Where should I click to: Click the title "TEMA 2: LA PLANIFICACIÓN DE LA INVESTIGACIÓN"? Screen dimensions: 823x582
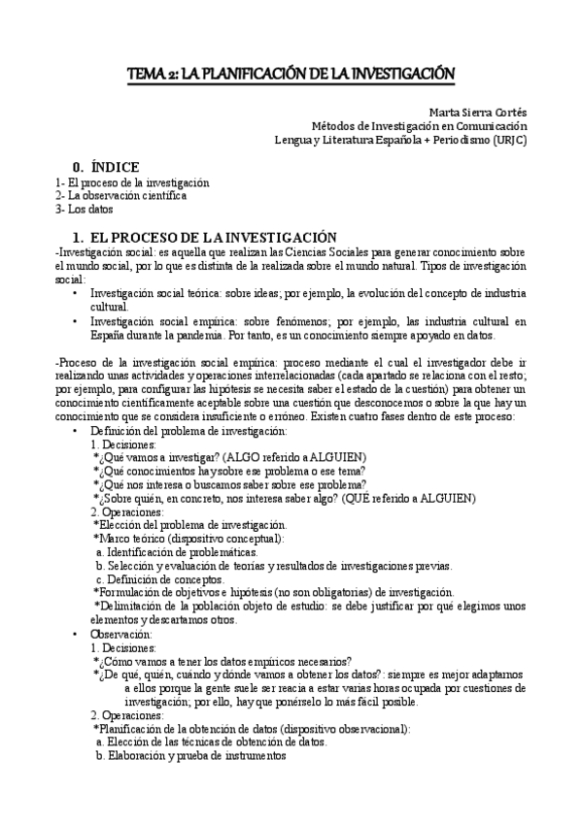tap(291, 73)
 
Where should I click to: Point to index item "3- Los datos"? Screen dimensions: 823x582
tap(85, 209)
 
